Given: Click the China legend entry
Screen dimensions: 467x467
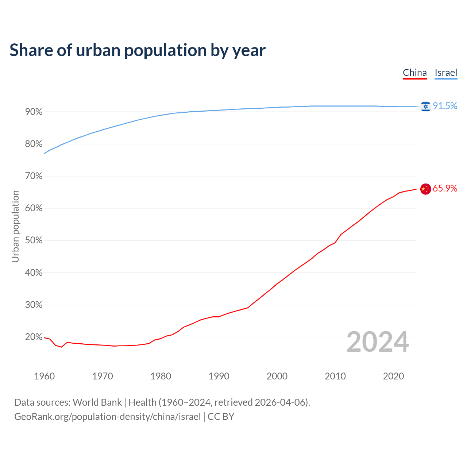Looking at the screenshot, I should (415, 73).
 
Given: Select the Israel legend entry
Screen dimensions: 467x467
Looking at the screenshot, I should (446, 73).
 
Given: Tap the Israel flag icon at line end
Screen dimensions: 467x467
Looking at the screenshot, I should (425, 106).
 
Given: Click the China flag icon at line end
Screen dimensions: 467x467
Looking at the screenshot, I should (425, 189).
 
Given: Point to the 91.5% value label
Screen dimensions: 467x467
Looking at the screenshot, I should (445, 106).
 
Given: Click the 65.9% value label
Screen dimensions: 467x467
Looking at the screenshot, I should (445, 188).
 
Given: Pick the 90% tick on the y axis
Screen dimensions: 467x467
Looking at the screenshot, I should (34, 112).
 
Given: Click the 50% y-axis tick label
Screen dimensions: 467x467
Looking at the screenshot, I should (34, 240).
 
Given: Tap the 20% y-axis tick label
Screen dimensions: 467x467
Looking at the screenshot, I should (34, 337).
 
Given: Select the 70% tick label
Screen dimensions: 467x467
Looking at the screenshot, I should (34, 176).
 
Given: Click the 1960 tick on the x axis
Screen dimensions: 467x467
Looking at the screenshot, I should (44, 376).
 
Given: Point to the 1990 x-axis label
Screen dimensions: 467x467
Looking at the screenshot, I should (219, 376).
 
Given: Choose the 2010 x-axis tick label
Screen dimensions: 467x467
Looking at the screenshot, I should (335, 376).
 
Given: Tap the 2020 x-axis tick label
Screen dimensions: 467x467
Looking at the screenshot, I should (393, 376).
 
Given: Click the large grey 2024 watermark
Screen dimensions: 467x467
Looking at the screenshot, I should (378, 342).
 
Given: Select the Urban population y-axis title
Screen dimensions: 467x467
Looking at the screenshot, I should (15, 226).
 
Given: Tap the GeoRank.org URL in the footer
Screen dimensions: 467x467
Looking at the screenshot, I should (107, 417).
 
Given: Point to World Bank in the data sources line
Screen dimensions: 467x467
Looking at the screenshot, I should (97, 402).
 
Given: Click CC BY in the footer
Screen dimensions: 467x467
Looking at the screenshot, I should (221, 417).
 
